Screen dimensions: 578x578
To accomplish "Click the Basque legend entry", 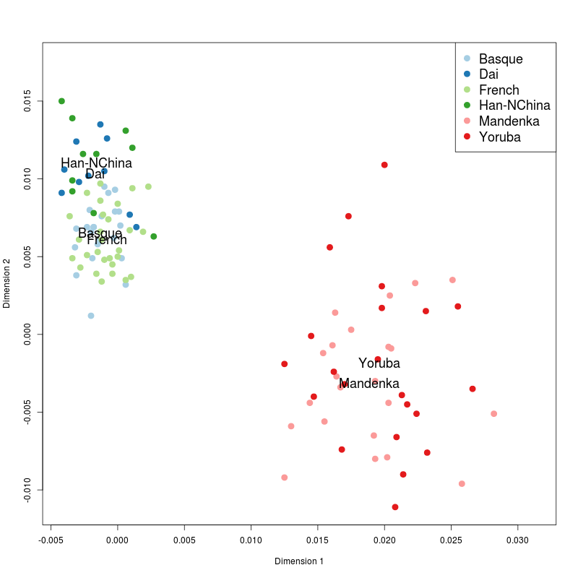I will click(500, 59).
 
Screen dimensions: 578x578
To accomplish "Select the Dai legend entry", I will click(488, 74).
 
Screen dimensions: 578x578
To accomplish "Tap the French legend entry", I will click(499, 90).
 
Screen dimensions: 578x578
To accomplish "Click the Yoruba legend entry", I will click(499, 137).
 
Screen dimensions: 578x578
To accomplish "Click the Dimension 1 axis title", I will click(299, 561).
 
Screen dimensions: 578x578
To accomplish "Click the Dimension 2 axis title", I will click(7, 284).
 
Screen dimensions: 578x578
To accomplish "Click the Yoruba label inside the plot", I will click(379, 363).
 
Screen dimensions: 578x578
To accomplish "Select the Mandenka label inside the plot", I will click(368, 384).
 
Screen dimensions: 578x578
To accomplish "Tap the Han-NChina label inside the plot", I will click(96, 163).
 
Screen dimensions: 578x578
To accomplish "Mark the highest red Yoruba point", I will click(384, 165).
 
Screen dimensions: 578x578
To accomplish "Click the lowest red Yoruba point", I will click(395, 507).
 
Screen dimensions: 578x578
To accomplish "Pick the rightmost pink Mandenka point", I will click(494, 414).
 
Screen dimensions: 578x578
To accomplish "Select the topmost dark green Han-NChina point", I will click(61, 101).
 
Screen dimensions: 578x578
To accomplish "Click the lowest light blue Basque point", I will click(91, 316).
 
